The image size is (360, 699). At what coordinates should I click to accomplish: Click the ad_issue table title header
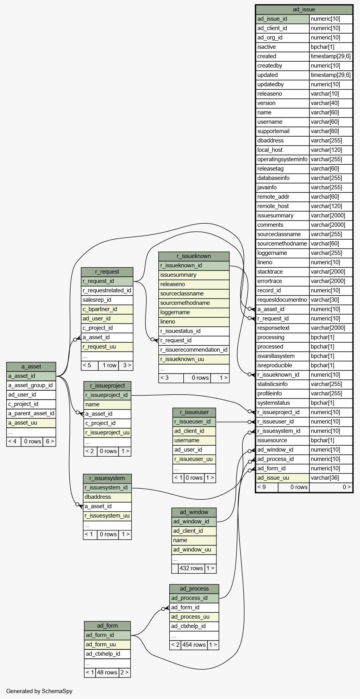click(304, 9)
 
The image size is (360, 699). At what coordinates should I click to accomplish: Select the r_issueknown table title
click(194, 256)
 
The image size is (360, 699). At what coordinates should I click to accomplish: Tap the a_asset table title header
click(31, 366)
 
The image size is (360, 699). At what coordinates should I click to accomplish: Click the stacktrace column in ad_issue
click(282, 272)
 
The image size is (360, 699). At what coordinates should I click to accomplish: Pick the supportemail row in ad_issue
click(282, 131)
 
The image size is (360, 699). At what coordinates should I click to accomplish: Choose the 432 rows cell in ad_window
click(191, 568)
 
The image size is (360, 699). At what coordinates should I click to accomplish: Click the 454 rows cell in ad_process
click(194, 645)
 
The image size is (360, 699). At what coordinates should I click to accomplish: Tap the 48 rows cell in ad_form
click(107, 672)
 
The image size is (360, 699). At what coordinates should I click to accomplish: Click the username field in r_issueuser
click(194, 441)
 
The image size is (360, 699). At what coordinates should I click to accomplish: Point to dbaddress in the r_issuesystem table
click(107, 497)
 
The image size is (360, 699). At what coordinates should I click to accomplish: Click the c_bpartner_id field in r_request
click(107, 309)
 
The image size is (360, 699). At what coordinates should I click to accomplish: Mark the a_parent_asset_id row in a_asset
click(31, 413)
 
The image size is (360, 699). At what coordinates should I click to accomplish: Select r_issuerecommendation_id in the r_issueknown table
click(194, 350)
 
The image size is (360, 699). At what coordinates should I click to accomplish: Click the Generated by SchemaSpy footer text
click(39, 691)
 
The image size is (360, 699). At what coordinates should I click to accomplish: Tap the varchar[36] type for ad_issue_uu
click(331, 478)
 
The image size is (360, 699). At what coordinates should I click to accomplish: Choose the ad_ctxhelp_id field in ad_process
click(194, 626)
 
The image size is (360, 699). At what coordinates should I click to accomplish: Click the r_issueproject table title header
click(107, 386)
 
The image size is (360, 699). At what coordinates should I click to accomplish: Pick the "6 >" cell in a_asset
click(50, 441)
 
